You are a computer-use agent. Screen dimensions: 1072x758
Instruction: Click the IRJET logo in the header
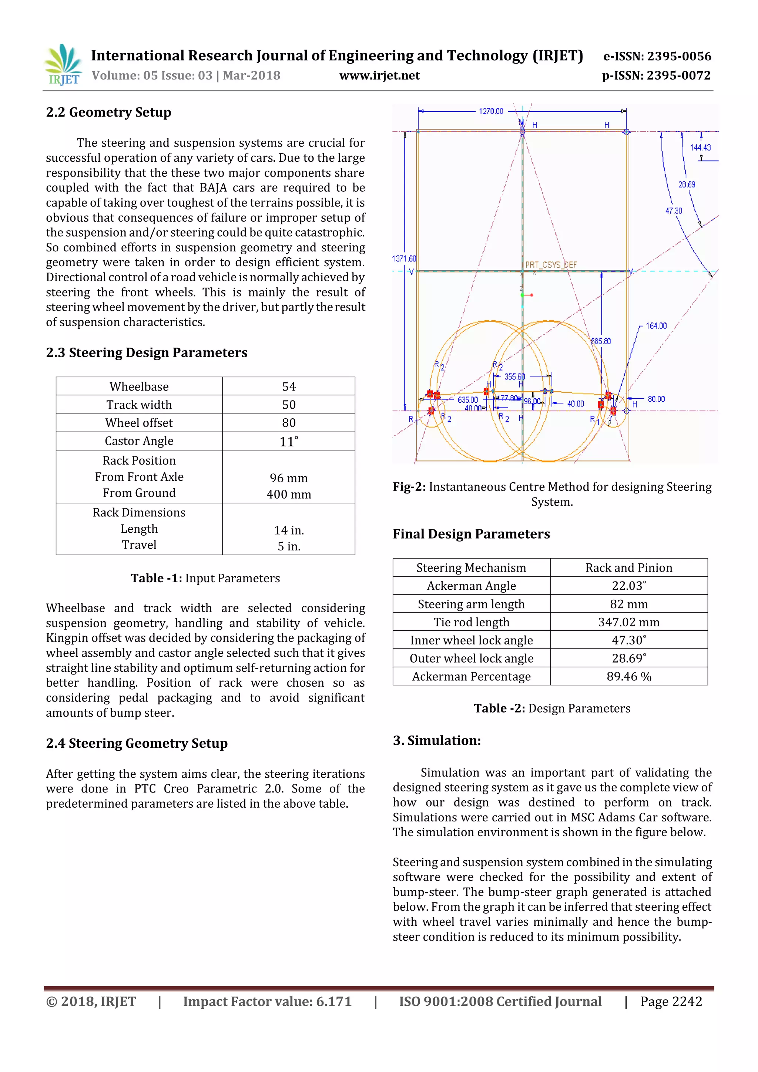tap(63, 65)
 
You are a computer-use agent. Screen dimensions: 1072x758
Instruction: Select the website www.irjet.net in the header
tap(379, 76)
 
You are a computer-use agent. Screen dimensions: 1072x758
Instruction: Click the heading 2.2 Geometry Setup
tap(108, 113)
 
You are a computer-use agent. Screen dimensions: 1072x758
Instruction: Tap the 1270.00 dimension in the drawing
tap(491, 111)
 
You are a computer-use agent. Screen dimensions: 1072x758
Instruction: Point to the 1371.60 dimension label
tap(404, 259)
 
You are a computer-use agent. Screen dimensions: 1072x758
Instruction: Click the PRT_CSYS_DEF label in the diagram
tap(551, 265)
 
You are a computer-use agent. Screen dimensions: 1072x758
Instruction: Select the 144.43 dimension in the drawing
tap(700, 148)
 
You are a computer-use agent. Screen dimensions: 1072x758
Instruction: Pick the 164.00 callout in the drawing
tap(656, 326)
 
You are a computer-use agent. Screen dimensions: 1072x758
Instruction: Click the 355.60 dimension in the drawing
tap(514, 376)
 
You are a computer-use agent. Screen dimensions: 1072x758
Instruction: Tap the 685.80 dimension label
tap(601, 341)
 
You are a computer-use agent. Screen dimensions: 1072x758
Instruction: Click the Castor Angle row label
tap(139, 441)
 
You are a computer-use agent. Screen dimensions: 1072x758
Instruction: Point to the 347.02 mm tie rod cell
tap(629, 622)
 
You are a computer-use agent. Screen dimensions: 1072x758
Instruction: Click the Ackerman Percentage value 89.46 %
tap(629, 677)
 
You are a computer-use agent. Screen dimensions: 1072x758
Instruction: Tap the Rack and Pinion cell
tap(629, 568)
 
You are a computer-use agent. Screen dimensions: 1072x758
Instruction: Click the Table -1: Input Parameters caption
tap(205, 579)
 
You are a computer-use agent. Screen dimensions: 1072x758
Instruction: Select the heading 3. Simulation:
tap(436, 740)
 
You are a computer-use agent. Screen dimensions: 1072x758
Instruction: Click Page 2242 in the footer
tap(671, 1002)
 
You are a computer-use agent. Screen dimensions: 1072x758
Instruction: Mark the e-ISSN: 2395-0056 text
tap(657, 57)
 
